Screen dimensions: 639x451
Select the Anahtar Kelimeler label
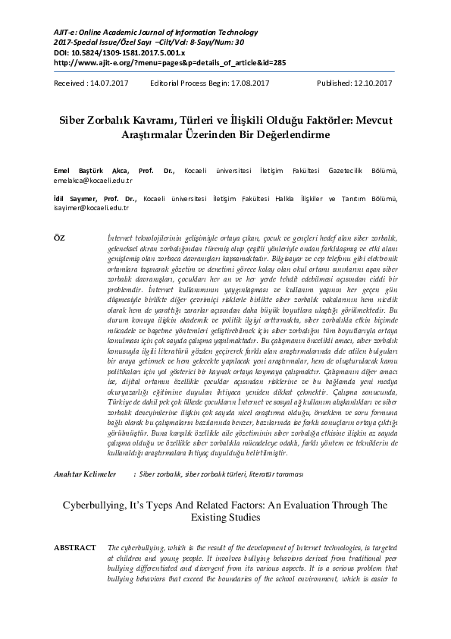[84, 474]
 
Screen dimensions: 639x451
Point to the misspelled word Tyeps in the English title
[163, 504]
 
